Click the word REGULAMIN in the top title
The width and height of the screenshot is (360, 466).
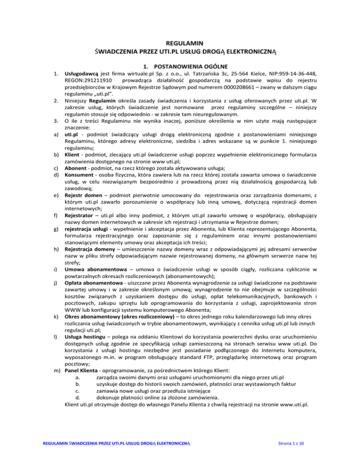180,42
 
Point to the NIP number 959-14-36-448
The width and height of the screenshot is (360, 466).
308,74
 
